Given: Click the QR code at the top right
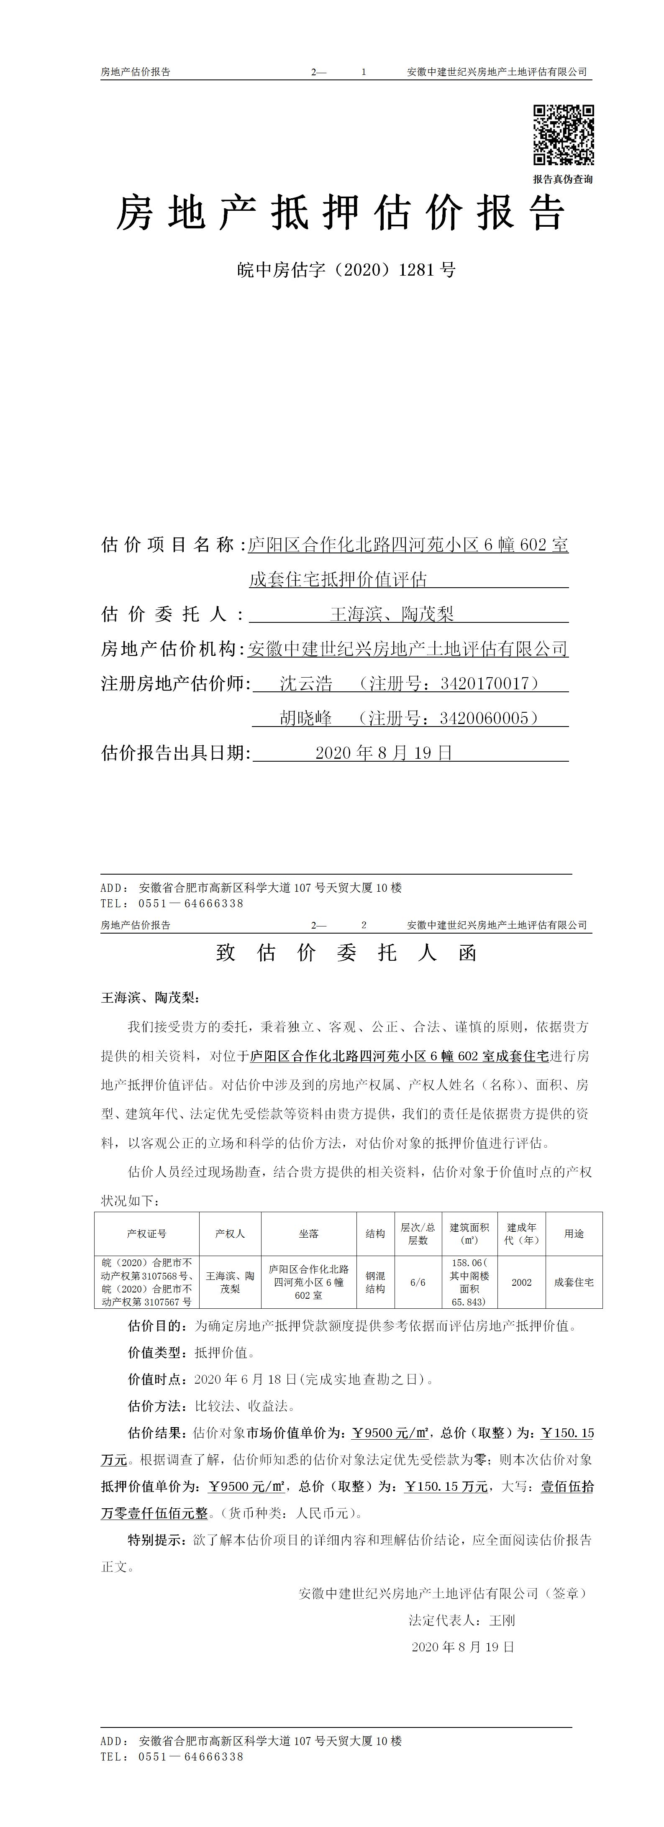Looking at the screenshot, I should (563, 135).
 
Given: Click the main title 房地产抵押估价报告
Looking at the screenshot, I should (341, 213).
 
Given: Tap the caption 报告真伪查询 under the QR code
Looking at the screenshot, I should (563, 179).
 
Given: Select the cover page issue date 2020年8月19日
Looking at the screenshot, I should (384, 752).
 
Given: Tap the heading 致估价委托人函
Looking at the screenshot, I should (346, 952).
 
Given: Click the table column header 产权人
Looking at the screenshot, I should (230, 1233).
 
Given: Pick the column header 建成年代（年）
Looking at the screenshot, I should (521, 1233).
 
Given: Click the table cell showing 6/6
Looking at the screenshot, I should (418, 1282).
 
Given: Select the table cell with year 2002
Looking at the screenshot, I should (521, 1282).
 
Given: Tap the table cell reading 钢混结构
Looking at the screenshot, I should (375, 1282).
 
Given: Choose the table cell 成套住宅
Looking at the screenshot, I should (574, 1282).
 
